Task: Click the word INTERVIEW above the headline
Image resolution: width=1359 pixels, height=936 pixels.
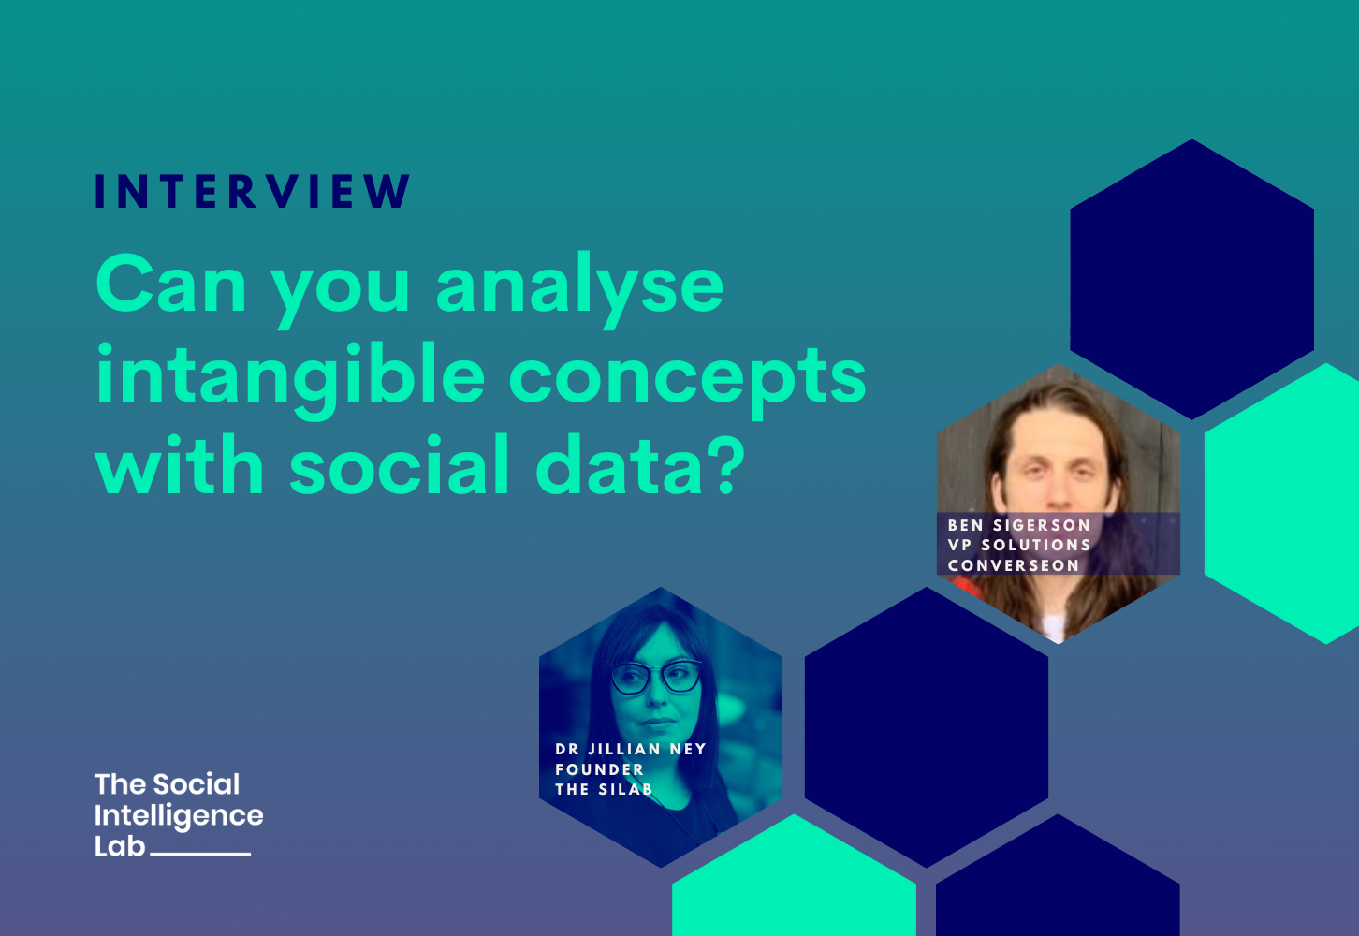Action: (x=253, y=192)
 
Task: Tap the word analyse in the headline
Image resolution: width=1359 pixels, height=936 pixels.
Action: (x=579, y=285)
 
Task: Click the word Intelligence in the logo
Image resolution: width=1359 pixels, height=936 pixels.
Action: (x=179, y=816)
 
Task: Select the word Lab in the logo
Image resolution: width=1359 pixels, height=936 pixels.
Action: (x=120, y=846)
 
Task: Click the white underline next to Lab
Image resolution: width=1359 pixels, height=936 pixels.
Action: (x=200, y=854)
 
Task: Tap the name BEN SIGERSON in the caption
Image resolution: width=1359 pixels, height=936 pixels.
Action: (x=1019, y=525)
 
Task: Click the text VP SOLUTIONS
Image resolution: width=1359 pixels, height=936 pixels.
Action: (x=1019, y=545)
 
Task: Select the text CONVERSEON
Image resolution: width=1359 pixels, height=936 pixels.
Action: (x=1014, y=565)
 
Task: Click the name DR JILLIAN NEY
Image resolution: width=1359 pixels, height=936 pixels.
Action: (x=630, y=749)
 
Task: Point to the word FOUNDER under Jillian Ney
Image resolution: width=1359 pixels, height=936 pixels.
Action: (x=599, y=769)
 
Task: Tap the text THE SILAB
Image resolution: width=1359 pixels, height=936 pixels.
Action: (x=604, y=789)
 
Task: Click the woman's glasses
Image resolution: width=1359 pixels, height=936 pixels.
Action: (x=656, y=676)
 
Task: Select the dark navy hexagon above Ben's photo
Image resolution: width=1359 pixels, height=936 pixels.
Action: (x=1191, y=279)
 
